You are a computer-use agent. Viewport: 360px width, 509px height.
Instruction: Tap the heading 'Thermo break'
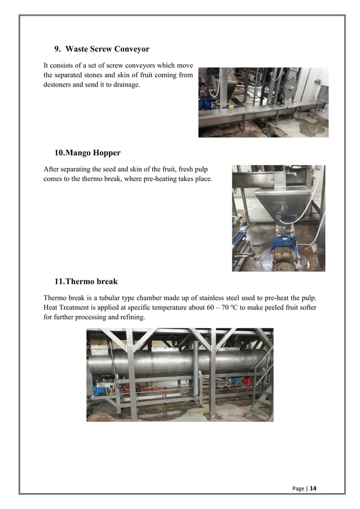[x=93, y=281]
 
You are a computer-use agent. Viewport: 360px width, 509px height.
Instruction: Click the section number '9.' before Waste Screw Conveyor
[x=58, y=49]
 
